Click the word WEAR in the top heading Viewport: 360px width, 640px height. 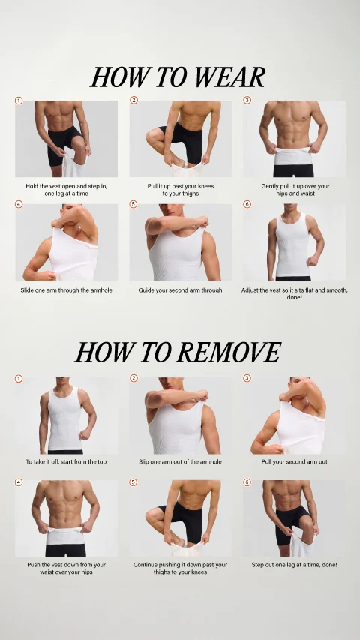tap(229, 77)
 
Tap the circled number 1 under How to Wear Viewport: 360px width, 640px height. tap(19, 101)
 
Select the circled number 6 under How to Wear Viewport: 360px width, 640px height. tap(247, 204)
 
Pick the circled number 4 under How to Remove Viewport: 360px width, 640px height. tap(19, 482)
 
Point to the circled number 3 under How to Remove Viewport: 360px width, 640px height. tap(247, 378)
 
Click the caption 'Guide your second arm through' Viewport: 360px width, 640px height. tap(181, 290)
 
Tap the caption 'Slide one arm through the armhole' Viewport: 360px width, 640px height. tap(66, 290)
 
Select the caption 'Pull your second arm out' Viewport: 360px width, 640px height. tap(294, 462)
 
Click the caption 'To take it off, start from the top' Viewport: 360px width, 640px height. tap(66, 462)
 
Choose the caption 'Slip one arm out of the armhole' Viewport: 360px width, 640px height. tap(181, 462)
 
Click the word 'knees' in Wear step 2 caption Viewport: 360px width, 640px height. tap(205, 186)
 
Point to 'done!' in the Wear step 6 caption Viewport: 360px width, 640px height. tap(294, 298)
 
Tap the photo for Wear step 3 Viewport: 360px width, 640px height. tap(294, 139)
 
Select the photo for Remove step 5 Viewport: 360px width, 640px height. tap(181, 518)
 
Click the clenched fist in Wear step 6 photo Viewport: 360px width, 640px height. tap(312, 261)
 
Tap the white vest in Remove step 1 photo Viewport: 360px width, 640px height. tap(64, 419)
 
